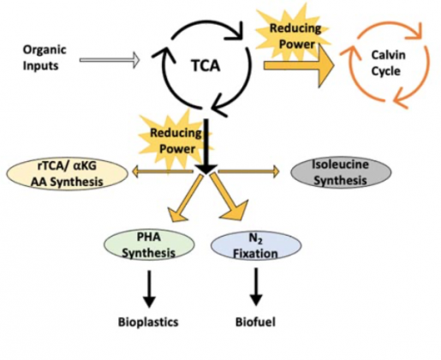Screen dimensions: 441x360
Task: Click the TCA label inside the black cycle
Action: click(206, 66)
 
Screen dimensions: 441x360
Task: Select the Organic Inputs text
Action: click(45, 57)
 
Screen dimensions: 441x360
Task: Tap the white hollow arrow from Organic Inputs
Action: click(110, 60)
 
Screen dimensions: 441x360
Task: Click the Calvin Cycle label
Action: click(388, 63)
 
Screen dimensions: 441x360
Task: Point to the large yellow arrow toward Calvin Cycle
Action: click(299, 66)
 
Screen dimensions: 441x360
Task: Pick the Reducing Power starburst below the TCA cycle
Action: click(176, 140)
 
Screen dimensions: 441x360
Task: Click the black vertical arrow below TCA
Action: click(206, 147)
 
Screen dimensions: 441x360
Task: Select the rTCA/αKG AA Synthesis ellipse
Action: click(68, 174)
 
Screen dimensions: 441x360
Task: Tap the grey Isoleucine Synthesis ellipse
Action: click(341, 172)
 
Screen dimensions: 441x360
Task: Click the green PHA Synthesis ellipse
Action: click(149, 245)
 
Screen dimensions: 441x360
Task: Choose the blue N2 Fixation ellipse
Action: click(256, 246)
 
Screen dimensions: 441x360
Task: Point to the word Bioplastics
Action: click(148, 321)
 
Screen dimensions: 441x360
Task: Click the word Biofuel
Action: click(255, 321)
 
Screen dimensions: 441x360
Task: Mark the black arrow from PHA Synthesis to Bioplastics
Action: click(149, 289)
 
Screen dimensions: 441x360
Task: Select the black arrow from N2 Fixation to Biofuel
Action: click(256, 286)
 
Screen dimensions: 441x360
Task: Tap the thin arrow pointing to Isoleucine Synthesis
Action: click(249, 171)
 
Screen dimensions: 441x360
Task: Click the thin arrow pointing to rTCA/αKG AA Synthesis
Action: click(163, 171)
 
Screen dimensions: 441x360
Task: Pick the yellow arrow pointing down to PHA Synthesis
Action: click(186, 198)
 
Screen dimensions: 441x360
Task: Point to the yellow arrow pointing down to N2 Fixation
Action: click(229, 197)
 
